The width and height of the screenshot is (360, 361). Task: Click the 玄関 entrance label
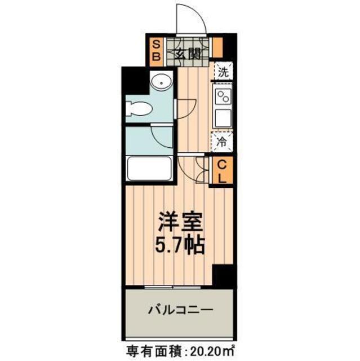click(188, 55)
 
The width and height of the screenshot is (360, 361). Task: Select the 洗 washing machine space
click(223, 72)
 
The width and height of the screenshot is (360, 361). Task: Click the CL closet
click(223, 172)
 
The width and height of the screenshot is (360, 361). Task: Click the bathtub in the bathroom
click(149, 168)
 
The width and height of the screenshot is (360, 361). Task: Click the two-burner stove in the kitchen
click(223, 97)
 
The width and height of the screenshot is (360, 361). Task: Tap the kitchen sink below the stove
click(223, 119)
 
